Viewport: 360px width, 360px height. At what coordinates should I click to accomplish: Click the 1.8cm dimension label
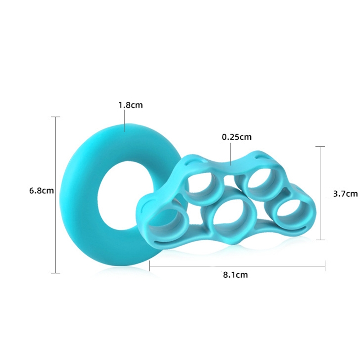[130, 105]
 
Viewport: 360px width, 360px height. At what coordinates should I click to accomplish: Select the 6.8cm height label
[41, 190]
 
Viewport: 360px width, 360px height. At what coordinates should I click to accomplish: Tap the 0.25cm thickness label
[237, 137]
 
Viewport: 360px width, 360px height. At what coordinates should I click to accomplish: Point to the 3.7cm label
[345, 194]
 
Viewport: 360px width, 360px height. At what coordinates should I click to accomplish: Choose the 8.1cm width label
[235, 275]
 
